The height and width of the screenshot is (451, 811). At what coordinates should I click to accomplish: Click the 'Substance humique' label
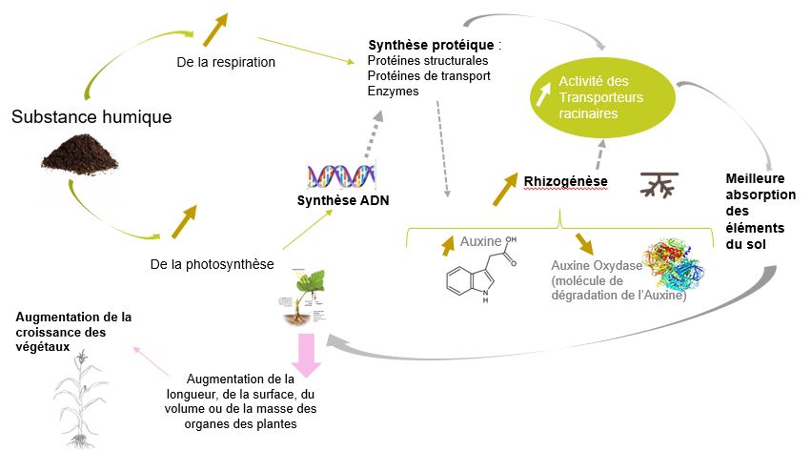coord(91,117)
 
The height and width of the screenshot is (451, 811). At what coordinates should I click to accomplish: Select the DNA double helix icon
coord(340,175)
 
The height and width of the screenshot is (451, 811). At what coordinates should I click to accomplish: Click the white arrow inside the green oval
coord(543,92)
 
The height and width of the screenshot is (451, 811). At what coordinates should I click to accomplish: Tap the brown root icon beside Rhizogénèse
coord(659,185)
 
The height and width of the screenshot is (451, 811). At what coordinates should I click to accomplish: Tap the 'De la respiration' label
coord(226,63)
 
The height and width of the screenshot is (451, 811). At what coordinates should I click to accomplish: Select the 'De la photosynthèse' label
coord(206,263)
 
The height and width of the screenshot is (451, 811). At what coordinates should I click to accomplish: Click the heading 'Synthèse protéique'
coord(432,45)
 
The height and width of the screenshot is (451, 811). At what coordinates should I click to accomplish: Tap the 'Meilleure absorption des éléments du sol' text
coord(754,211)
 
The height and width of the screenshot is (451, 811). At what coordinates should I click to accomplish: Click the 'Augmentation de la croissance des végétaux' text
coord(73,324)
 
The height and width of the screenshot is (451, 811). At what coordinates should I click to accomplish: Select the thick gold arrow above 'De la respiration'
coord(216,30)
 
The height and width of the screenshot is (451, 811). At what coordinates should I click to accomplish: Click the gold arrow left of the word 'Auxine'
coord(448,245)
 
